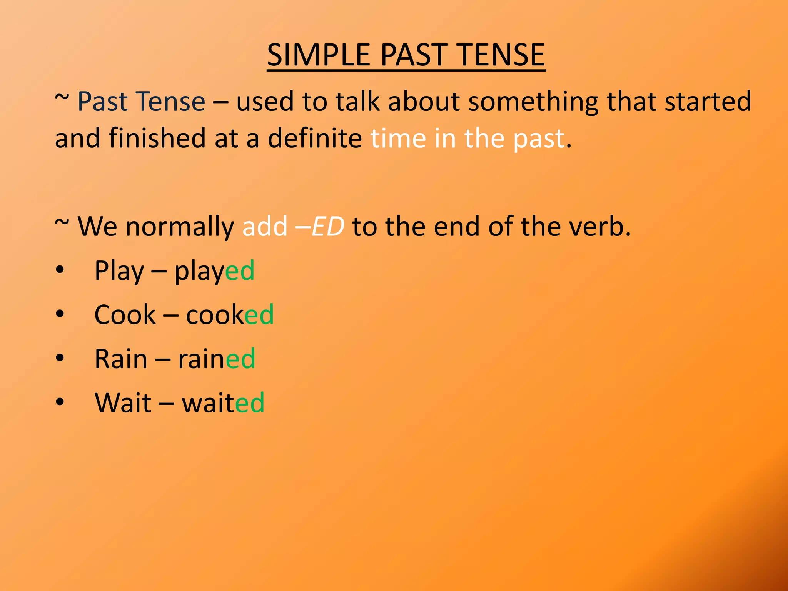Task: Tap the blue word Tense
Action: (x=171, y=102)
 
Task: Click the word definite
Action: (x=314, y=138)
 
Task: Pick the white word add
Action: (x=265, y=226)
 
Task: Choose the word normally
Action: (x=180, y=227)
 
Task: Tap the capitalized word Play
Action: (x=119, y=271)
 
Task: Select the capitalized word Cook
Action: (x=125, y=315)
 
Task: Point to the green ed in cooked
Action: (x=259, y=315)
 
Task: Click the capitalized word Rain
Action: (x=121, y=359)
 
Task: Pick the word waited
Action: (x=223, y=403)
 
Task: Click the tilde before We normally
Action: (x=62, y=223)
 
